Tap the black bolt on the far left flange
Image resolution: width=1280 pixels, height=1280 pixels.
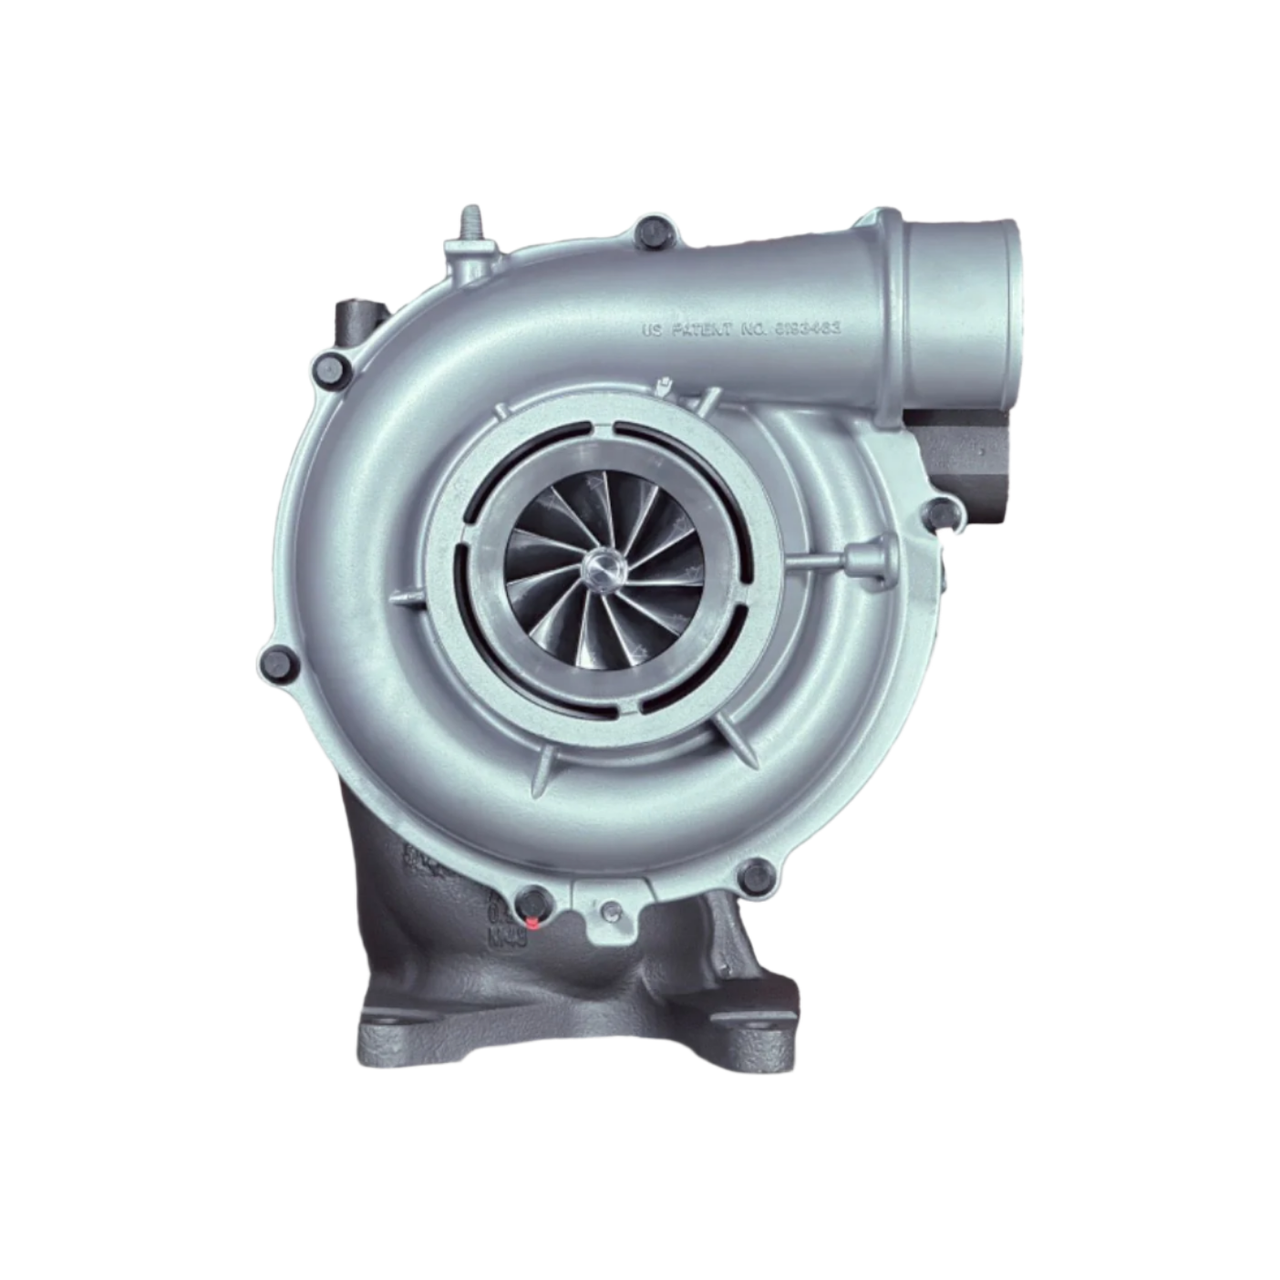(279, 664)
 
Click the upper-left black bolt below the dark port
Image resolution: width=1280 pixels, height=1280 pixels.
(330, 369)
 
